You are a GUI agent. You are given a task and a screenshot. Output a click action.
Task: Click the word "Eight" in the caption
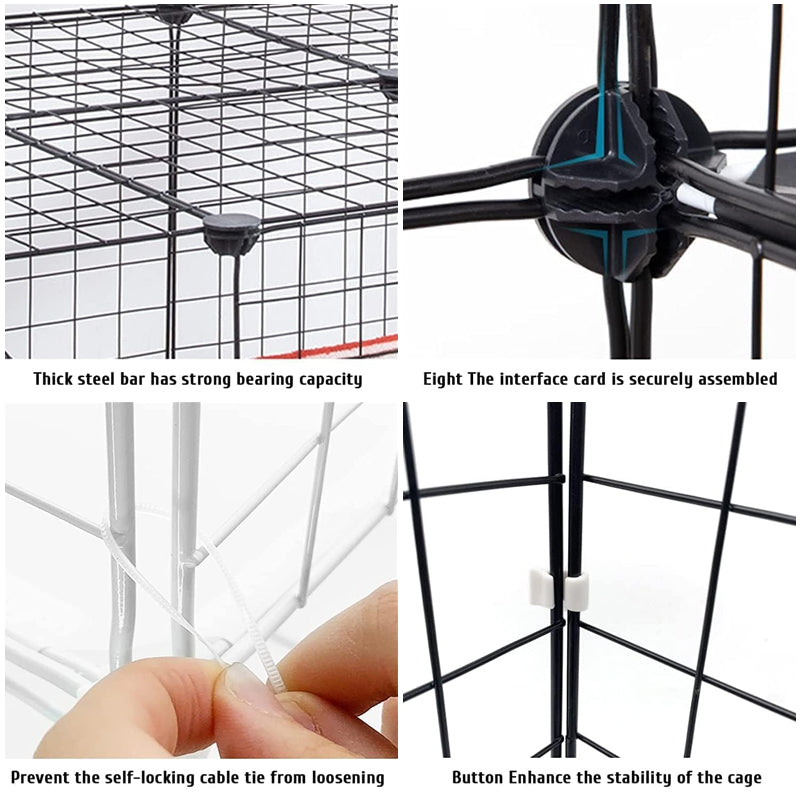click(443, 379)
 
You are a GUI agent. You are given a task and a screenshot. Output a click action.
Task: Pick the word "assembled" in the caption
click(734, 379)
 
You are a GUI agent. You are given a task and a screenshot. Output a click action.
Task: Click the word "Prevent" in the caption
click(41, 777)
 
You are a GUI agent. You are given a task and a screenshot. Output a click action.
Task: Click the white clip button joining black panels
click(559, 590)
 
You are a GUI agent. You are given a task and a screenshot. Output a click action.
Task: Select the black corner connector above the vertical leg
click(230, 233)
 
